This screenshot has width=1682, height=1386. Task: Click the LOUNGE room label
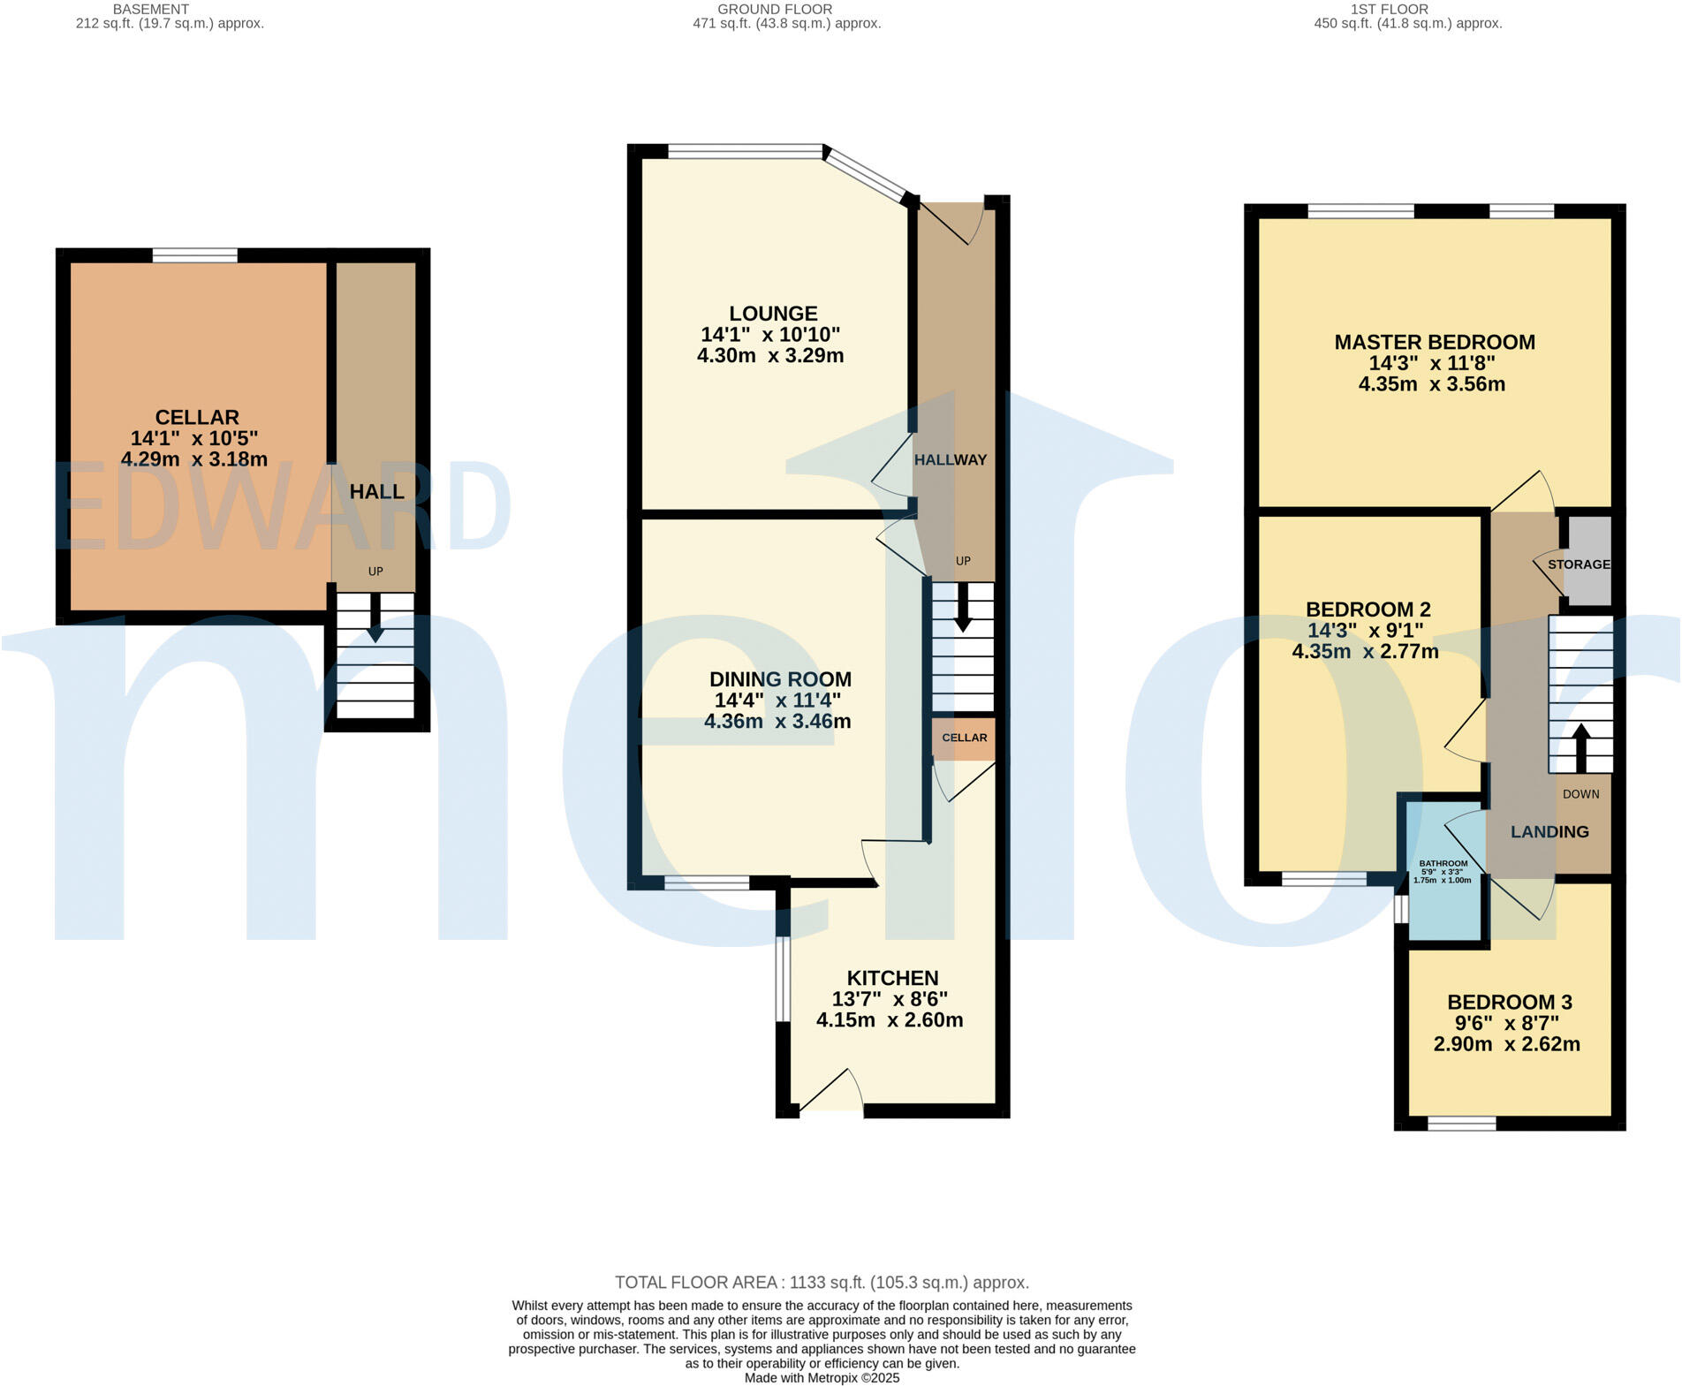point(773,314)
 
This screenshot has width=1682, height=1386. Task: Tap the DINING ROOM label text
point(780,679)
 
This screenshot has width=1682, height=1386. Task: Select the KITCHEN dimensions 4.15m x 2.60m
point(889,1020)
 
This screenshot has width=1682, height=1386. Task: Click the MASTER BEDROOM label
point(1434,343)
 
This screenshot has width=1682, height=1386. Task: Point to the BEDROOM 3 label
point(1509,1003)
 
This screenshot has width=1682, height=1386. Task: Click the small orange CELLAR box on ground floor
point(964,738)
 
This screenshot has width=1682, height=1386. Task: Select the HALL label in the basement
point(377,492)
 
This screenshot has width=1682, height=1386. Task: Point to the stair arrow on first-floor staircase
point(1580,746)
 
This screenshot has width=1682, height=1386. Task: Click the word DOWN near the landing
point(1580,794)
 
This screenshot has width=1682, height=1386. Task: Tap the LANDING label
point(1549,832)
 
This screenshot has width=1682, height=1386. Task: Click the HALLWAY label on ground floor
point(951,460)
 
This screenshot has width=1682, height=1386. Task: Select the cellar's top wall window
point(194,256)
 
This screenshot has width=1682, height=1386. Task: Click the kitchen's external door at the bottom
point(830,1110)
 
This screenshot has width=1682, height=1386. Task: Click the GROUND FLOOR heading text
point(774,10)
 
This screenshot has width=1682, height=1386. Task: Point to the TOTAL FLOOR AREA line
point(822,1283)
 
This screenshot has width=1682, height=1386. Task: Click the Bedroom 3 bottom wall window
point(1461,1124)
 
